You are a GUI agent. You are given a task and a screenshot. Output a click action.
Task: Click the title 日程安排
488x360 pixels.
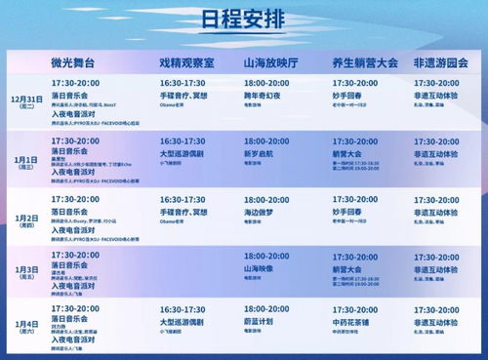pos(244,22)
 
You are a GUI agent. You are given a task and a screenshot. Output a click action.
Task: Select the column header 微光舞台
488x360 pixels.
pos(78,62)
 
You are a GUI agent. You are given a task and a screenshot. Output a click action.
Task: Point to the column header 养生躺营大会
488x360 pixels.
pos(364,62)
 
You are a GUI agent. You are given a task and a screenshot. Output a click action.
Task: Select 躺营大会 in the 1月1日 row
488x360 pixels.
pos(346,154)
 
